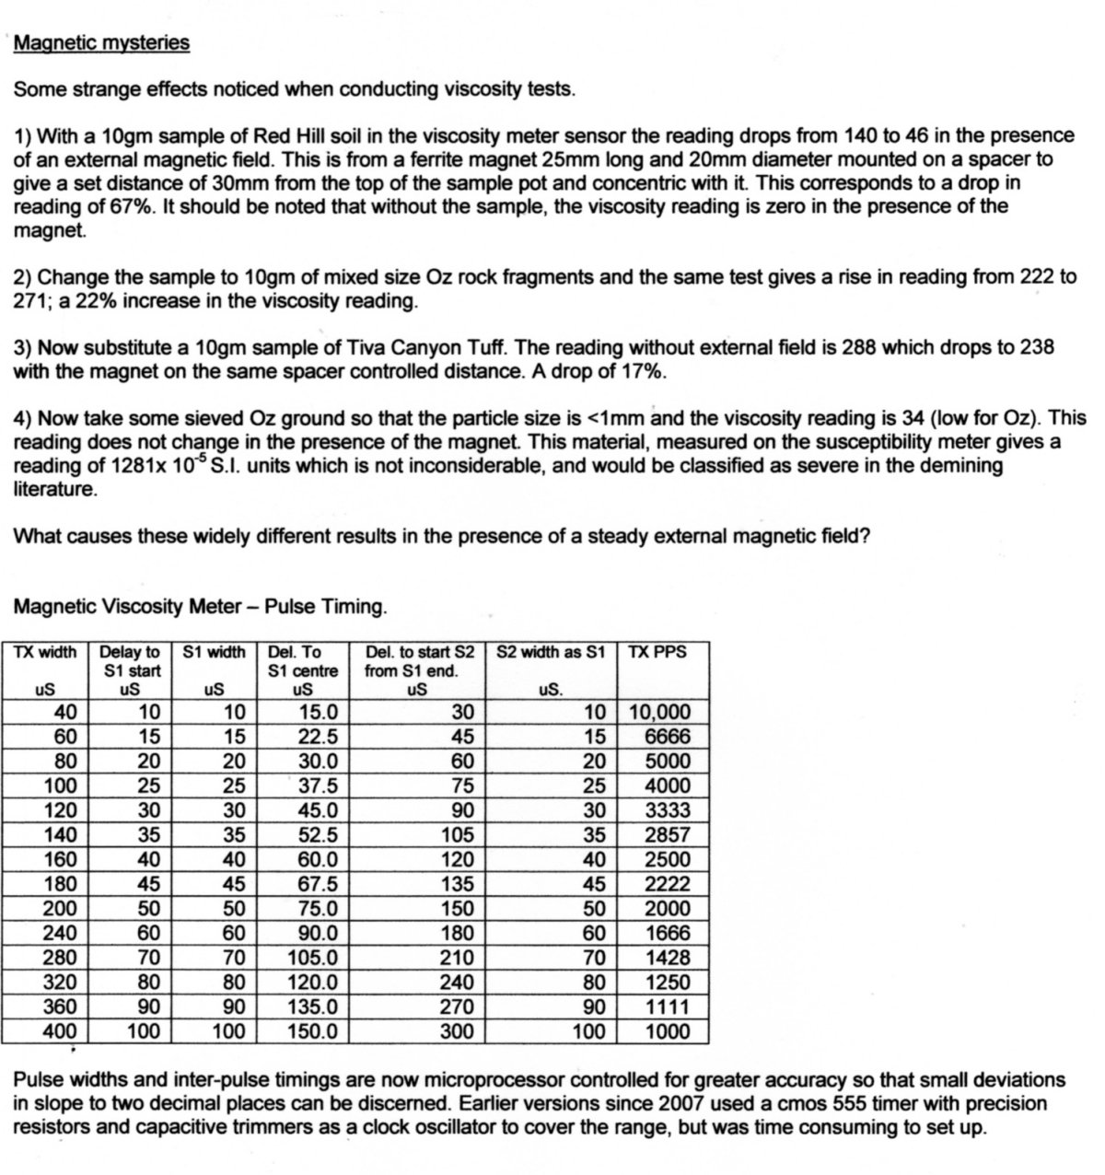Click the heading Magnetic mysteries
coord(101,43)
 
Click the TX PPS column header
coord(657,652)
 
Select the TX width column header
coord(45,652)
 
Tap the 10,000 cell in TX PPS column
coord(659,712)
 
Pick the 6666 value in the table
coord(668,737)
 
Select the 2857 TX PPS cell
coord(668,835)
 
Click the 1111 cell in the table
coord(668,1006)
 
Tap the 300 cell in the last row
coord(458,1031)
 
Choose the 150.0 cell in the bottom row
coord(313,1031)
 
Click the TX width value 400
coord(61,1031)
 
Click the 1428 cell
coord(668,958)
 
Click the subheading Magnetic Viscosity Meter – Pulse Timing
coord(200,607)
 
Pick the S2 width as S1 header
coord(551,652)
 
